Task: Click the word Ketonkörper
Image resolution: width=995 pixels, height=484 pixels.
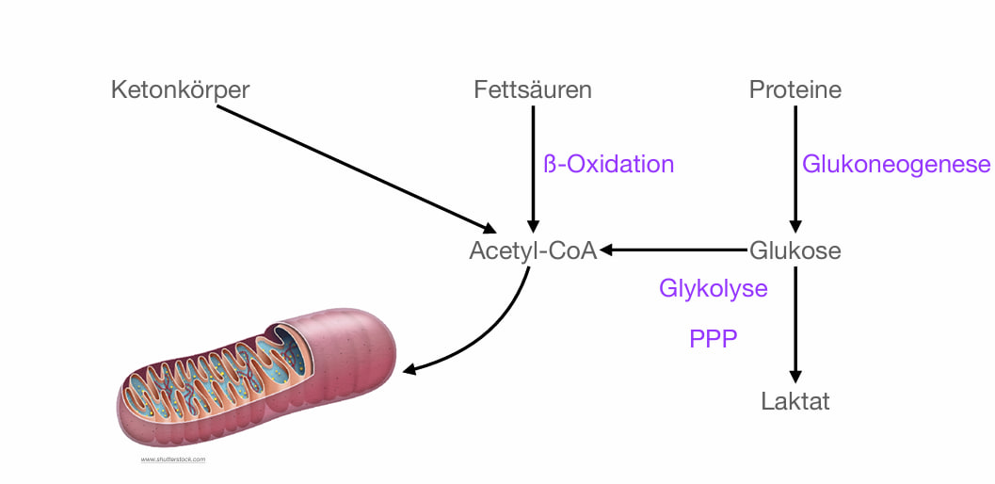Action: click(x=180, y=90)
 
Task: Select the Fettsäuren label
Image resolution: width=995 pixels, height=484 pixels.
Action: click(x=533, y=90)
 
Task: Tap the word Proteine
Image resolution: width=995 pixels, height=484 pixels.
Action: click(x=795, y=90)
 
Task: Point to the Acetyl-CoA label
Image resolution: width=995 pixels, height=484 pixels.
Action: click(x=533, y=251)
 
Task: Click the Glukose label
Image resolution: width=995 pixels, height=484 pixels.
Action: click(x=795, y=251)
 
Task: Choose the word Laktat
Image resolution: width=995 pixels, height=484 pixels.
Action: click(x=795, y=401)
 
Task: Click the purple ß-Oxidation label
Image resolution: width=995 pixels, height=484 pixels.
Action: click(x=609, y=164)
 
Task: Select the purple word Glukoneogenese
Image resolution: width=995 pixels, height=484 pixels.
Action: click(x=896, y=164)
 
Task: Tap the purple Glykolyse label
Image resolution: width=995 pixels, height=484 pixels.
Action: click(x=713, y=287)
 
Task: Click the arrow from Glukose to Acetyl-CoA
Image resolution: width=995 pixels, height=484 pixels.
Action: click(x=674, y=250)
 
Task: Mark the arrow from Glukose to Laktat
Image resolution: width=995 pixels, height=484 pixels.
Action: click(x=795, y=320)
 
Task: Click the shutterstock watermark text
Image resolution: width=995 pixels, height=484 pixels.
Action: click(x=173, y=460)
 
